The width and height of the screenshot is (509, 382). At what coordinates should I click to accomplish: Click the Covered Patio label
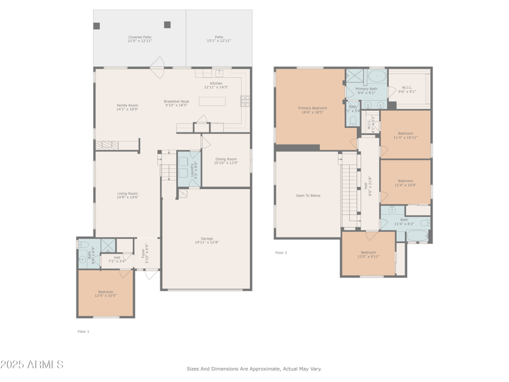point(140,39)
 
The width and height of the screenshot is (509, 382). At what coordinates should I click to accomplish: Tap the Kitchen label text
point(216,85)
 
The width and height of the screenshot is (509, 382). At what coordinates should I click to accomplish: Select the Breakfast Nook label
point(176,103)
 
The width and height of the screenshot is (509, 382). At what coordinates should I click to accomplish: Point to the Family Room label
point(127,107)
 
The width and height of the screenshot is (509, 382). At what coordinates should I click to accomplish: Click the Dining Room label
point(226,161)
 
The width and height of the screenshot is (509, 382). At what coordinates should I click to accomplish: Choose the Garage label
point(207,240)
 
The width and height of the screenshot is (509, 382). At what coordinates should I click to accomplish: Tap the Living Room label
point(127,195)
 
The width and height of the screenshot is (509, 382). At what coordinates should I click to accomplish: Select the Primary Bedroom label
point(312,110)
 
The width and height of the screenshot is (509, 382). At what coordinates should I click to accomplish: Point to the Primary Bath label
point(366,90)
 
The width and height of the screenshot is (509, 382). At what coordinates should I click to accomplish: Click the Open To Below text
point(308,195)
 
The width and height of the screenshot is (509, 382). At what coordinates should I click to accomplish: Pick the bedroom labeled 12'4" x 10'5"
point(106,294)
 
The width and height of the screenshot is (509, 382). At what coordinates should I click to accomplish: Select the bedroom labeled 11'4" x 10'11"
point(405,135)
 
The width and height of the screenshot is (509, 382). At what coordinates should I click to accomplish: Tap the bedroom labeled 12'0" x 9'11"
point(368,254)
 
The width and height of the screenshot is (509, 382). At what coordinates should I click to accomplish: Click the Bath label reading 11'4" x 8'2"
point(404,222)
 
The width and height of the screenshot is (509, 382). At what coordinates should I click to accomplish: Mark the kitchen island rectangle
point(212,101)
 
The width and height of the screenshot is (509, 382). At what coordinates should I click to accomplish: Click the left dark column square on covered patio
point(97,26)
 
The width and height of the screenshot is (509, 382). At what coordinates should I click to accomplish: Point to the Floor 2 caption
point(281,253)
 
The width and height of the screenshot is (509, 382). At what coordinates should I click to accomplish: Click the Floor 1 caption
point(83,332)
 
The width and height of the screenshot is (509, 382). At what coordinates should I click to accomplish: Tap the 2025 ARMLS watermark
point(32,365)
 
